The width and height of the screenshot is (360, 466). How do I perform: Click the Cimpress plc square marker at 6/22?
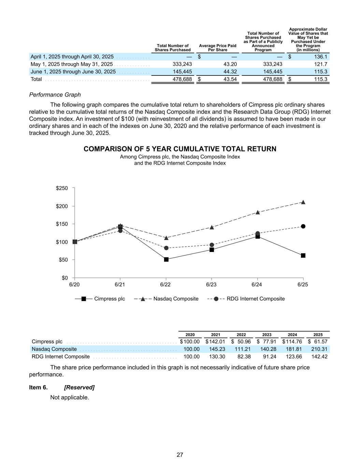point(166,259)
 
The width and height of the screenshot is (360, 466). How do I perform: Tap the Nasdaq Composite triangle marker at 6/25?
point(303,202)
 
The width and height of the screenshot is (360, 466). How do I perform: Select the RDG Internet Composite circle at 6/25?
point(303,226)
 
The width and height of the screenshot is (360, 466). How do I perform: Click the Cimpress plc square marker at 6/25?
point(303,255)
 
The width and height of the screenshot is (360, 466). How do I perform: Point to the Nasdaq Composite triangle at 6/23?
point(212,227)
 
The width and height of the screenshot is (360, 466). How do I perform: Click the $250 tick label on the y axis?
point(62,188)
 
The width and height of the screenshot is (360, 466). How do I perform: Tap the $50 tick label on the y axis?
point(63,260)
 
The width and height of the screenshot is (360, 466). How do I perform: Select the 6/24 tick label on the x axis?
point(257,284)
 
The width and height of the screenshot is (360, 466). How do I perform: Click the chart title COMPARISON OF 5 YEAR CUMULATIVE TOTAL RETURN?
point(180,149)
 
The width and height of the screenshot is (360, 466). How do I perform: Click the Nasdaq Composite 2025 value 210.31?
point(319,349)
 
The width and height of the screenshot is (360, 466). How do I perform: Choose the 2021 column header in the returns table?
point(216,335)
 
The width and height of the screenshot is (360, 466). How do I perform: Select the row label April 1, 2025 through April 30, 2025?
point(72,57)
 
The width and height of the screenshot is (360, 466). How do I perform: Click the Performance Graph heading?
point(55,95)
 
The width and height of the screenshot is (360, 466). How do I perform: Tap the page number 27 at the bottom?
point(180,455)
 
